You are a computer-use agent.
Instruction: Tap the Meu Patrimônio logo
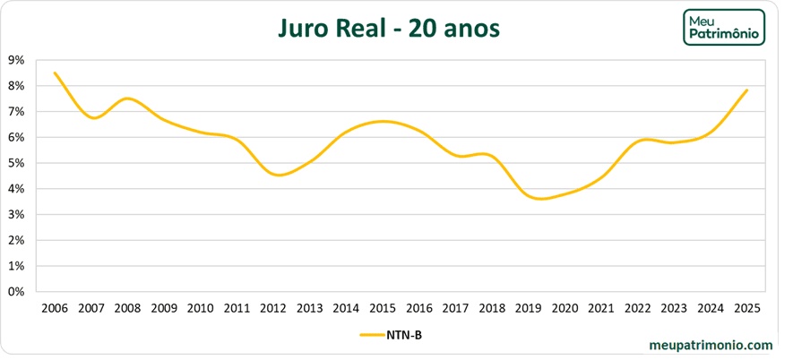point(723,29)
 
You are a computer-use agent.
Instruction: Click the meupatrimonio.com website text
point(711,344)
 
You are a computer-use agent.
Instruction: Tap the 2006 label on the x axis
point(55,308)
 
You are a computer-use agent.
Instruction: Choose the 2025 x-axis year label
point(746,308)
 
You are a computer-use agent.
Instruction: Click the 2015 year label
point(383,308)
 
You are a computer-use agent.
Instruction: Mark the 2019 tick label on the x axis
point(529,308)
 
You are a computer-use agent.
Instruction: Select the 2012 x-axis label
point(273,308)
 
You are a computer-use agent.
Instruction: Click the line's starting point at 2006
point(55,73)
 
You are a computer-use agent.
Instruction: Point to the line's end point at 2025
point(746,90)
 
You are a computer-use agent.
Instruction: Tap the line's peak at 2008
point(128,99)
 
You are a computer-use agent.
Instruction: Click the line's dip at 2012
point(278,175)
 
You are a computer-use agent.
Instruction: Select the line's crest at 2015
point(383,121)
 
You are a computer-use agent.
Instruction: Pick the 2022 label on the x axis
point(637,308)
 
